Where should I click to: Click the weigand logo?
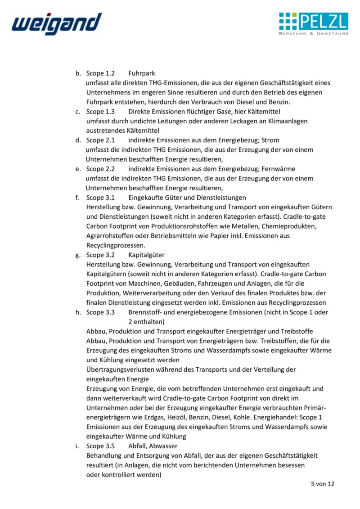click(x=57, y=23)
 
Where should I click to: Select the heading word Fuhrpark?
click(x=142, y=73)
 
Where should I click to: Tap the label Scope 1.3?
click(x=100, y=111)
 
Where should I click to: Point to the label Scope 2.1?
click(x=100, y=140)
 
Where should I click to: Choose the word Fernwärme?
click(x=279, y=169)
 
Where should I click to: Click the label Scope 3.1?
click(x=100, y=197)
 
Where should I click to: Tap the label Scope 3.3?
click(x=100, y=312)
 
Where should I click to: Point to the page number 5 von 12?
click(x=322, y=484)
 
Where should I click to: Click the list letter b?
click(x=78, y=73)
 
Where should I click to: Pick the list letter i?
click(x=77, y=446)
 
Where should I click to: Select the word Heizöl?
click(x=177, y=417)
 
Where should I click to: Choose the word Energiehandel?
click(x=284, y=417)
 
